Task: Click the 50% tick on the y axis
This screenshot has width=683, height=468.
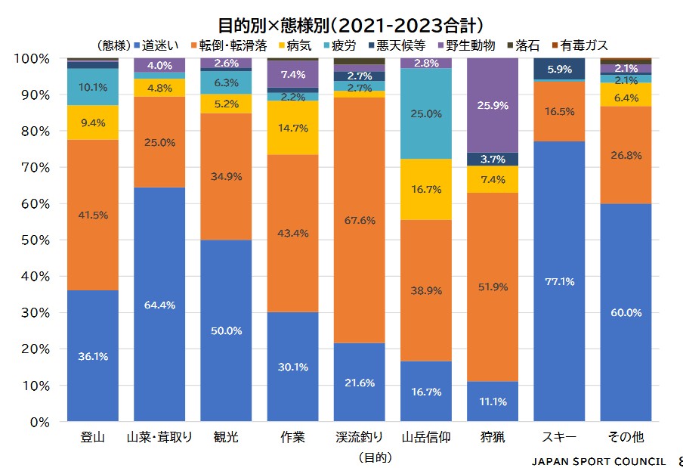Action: (34, 240)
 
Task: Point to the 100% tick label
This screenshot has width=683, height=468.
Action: (32, 59)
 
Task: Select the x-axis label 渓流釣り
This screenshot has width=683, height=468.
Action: (359, 438)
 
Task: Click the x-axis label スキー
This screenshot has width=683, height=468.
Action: (559, 438)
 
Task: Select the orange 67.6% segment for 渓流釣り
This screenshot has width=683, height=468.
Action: (359, 221)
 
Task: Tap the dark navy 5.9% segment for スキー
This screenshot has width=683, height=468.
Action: (559, 69)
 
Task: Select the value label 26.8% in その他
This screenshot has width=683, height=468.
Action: (626, 155)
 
